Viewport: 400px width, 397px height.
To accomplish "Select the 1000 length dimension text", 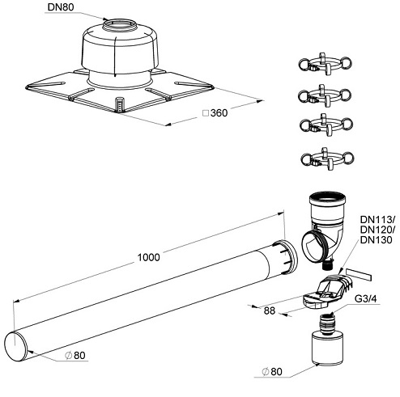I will click(147, 256).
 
